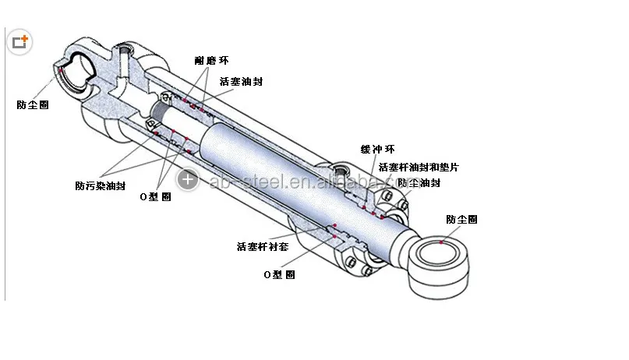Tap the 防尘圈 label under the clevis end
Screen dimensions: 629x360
point(33,104)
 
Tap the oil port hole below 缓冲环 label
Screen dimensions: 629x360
point(341,169)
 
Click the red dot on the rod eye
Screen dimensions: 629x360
point(442,242)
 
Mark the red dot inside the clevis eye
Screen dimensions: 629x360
point(60,70)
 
